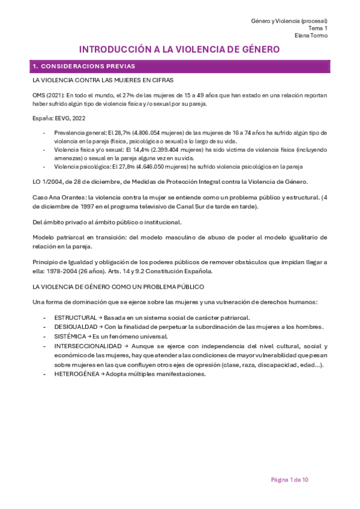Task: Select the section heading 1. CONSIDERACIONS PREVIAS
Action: tap(84, 66)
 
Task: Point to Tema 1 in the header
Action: tap(318, 28)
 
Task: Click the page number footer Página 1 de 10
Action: tap(290, 480)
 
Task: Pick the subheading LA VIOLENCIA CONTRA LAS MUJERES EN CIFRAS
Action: tap(103, 80)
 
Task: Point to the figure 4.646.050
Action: tap(158, 167)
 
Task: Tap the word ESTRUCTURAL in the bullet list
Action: tap(75, 317)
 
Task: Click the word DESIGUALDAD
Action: tap(75, 327)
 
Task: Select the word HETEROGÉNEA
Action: tap(76, 374)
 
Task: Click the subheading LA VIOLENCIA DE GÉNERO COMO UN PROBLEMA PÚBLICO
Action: tap(119, 287)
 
